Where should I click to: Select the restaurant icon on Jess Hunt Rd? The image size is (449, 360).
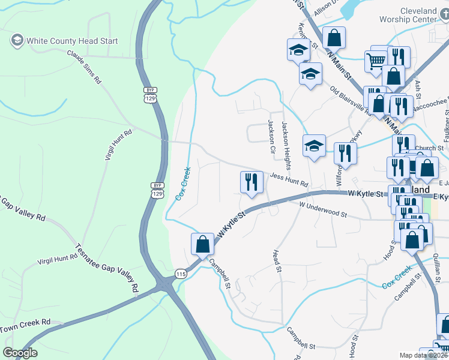pyautogui.click(x=252, y=182)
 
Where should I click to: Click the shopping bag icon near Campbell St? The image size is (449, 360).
pyautogui.click(x=202, y=244)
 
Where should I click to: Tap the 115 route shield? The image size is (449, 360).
pyautogui.click(x=181, y=274)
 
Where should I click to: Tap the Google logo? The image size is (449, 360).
pyautogui.click(x=20, y=353)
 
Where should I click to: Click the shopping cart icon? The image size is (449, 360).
pyautogui.click(x=376, y=61)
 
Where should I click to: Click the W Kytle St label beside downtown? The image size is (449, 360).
pyautogui.click(x=366, y=194)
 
